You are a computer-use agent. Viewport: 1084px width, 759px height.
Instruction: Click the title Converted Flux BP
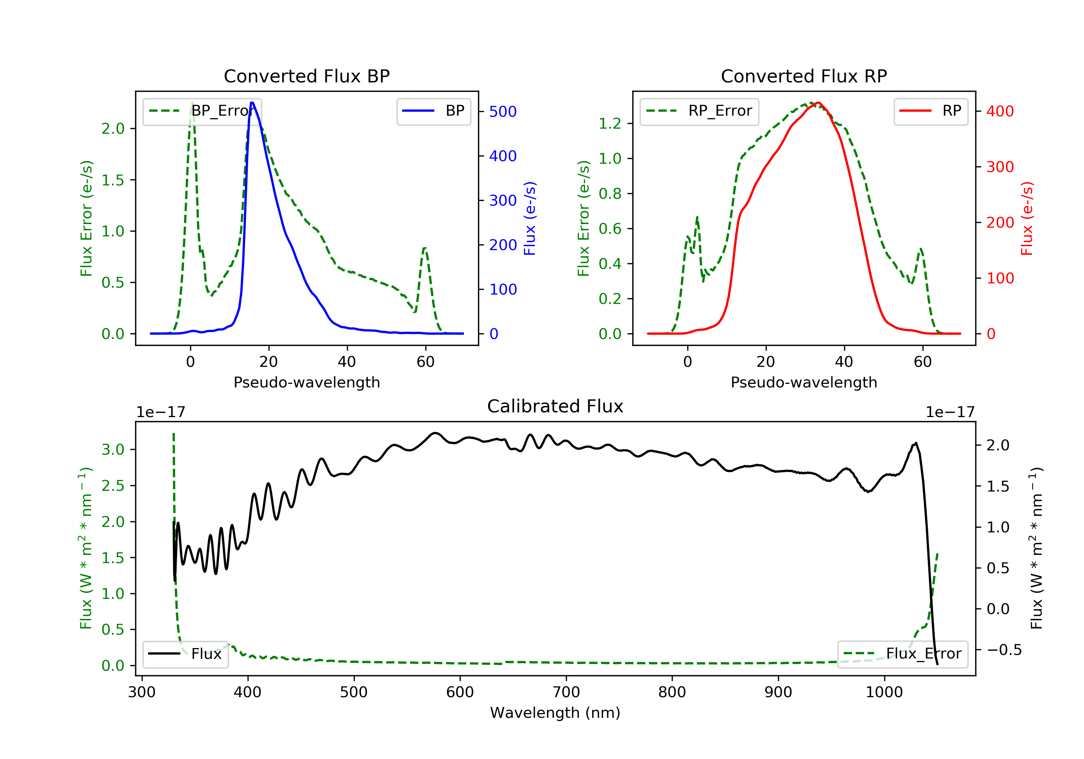tap(306, 76)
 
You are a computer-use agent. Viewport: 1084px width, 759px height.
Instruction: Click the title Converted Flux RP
tap(804, 76)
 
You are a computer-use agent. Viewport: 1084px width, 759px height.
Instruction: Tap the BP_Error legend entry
tap(202, 111)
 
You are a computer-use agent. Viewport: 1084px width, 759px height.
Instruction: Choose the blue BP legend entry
tap(433, 111)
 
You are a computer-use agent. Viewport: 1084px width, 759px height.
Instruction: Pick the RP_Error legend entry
tap(699, 111)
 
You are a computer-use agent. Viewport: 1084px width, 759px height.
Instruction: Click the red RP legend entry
tap(930, 111)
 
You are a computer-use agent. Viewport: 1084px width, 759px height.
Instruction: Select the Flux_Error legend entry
tap(902, 654)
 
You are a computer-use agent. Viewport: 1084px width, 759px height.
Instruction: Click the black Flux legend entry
tap(186, 654)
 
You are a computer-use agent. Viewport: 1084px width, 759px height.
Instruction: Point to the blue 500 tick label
tap(503, 112)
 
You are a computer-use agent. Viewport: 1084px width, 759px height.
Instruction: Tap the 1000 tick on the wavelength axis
tap(884, 692)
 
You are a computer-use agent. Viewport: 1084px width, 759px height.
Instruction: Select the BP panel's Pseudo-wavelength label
tap(306, 382)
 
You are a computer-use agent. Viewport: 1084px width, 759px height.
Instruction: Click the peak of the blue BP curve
tap(252, 103)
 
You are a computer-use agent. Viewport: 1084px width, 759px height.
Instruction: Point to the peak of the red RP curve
tap(818, 103)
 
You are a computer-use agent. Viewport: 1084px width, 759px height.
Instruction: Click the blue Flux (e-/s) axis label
tap(530, 218)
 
